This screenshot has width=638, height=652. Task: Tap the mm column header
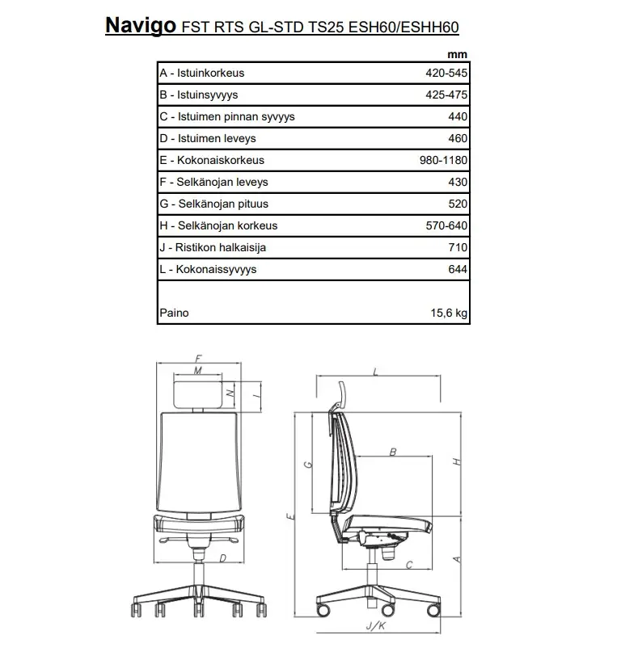(x=457, y=55)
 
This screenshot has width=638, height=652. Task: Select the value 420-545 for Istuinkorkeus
(x=446, y=73)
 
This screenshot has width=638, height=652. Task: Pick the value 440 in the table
(x=458, y=116)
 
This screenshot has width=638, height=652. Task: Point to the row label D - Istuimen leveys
(x=208, y=138)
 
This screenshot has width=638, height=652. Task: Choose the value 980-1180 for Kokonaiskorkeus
(x=443, y=160)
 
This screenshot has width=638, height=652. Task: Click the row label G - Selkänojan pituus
(x=213, y=204)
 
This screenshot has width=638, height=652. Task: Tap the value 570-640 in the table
(x=446, y=225)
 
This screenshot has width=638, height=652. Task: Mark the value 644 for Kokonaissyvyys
(x=458, y=269)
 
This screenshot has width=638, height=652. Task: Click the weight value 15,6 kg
(x=449, y=313)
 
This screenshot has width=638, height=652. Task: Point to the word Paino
(x=174, y=313)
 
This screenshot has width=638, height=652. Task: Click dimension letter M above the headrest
(x=198, y=370)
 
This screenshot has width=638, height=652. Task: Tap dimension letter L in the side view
(x=377, y=372)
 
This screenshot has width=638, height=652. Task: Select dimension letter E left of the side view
(x=288, y=515)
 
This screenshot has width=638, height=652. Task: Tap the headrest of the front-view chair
(x=198, y=393)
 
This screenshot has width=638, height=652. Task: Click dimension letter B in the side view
(x=393, y=452)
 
